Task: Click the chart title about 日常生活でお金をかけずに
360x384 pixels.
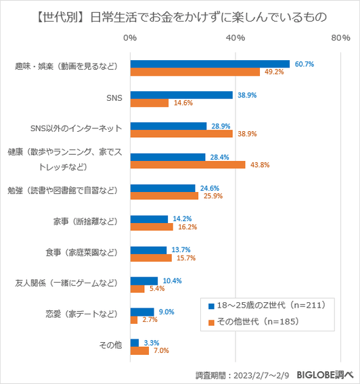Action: pyautogui.click(x=179, y=16)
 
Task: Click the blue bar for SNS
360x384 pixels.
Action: pyautogui.click(x=181, y=95)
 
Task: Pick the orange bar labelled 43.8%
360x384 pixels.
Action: pyautogui.click(x=187, y=165)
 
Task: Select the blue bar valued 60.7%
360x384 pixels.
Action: pyautogui.click(x=210, y=64)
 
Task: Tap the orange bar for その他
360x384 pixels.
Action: pyautogui.click(x=139, y=351)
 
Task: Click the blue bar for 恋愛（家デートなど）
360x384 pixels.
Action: pyautogui.click(x=142, y=312)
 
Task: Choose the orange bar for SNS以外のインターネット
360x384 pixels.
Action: pyautogui.click(x=181, y=134)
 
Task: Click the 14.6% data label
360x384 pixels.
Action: pyautogui.click(x=183, y=103)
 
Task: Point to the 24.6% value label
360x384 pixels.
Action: pyautogui.click(x=208, y=188)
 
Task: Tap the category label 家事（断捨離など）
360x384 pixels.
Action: pyautogui.click(x=88, y=220)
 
